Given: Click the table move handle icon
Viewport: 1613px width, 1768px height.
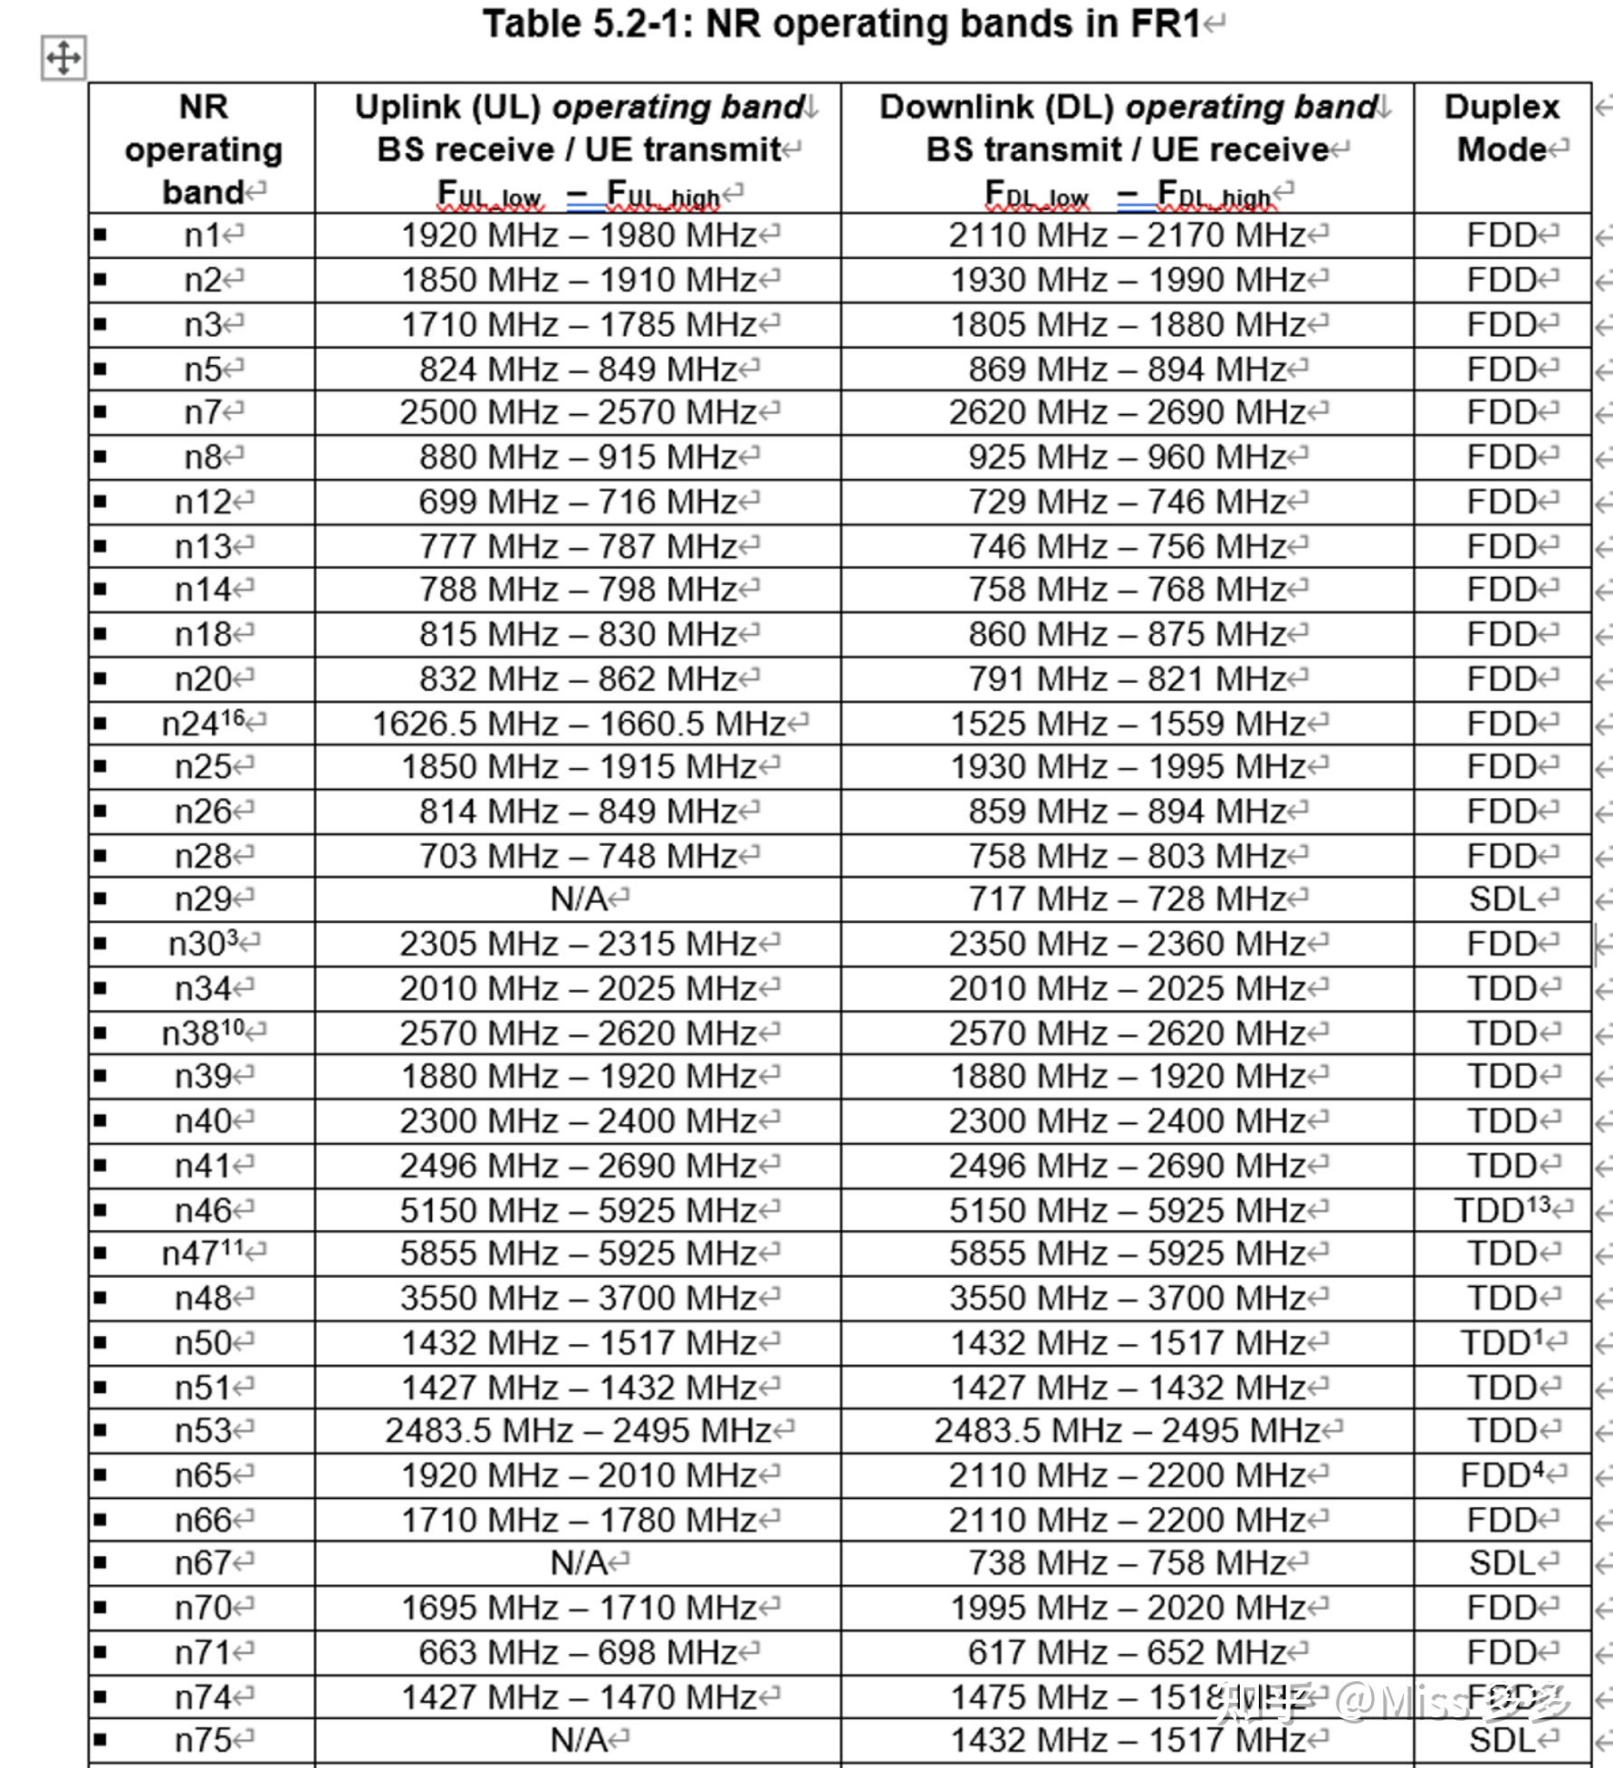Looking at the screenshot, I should click(x=62, y=58).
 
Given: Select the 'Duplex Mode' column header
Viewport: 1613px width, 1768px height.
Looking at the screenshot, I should click(x=1502, y=128).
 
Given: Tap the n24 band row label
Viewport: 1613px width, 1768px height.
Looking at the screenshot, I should click(x=204, y=724).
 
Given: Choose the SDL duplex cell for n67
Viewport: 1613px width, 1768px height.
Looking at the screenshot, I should click(x=1503, y=1562).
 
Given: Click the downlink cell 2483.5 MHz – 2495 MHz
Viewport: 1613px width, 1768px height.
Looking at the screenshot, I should click(x=1128, y=1431).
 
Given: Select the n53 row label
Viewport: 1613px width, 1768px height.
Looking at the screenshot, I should click(x=204, y=1431).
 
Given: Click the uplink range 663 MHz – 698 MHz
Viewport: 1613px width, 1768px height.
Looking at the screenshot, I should click(x=578, y=1652).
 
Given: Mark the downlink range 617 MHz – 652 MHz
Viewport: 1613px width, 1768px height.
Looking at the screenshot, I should click(x=1128, y=1652).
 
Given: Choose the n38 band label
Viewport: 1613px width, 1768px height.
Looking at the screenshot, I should click(x=204, y=1033).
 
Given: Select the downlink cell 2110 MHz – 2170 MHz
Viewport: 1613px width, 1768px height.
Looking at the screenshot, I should click(x=1128, y=235).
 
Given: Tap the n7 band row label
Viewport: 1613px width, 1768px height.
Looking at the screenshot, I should click(x=204, y=413).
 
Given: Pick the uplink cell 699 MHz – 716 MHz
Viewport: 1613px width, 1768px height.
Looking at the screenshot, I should click(x=578, y=502).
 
